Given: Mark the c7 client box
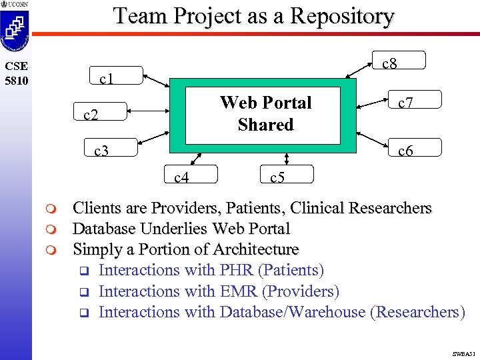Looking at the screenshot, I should (415, 102).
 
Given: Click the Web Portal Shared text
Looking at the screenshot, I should (265, 113).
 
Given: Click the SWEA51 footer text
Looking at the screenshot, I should (461, 351).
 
